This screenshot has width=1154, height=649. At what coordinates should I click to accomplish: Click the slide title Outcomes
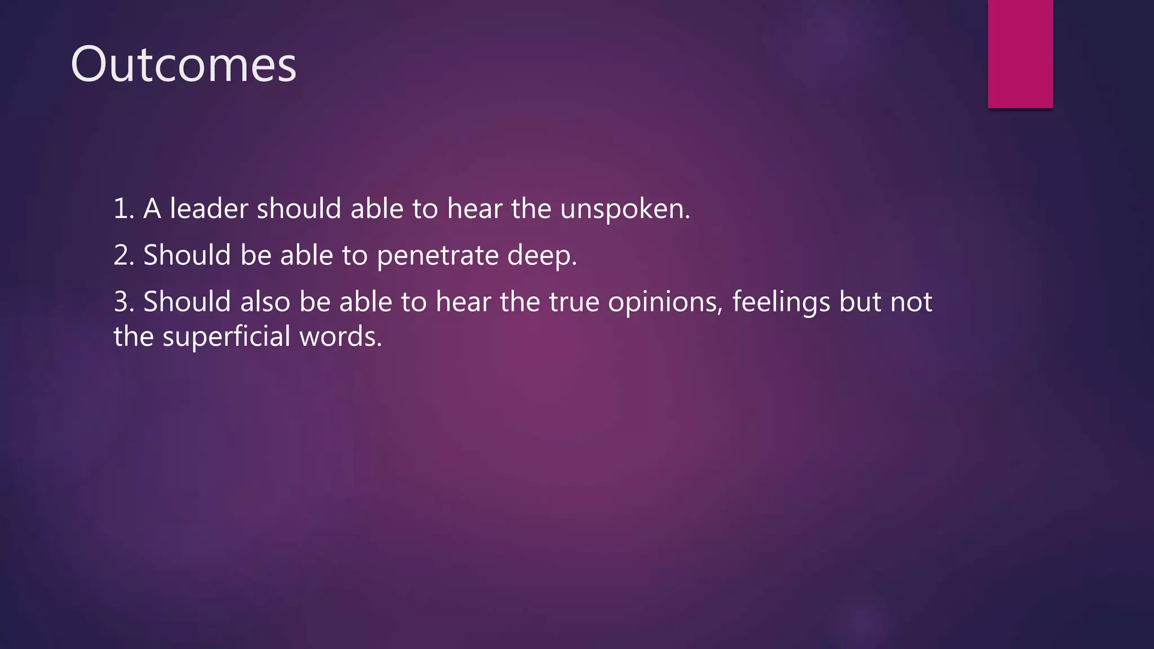point(183,65)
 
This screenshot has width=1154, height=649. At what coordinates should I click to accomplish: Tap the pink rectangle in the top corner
point(1020,54)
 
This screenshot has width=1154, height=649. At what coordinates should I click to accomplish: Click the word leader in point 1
point(209,208)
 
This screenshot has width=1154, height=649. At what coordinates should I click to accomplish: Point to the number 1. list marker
point(123,209)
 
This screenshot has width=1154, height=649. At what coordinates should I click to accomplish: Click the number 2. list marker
point(123,255)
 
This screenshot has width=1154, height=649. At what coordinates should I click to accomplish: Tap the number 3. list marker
point(123,302)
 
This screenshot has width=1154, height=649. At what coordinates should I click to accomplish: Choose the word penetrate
point(437,256)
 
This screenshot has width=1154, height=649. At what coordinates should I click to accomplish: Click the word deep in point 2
point(541,256)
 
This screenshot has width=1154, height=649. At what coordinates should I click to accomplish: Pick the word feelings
point(780,303)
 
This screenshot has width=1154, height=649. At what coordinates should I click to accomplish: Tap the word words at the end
point(340,337)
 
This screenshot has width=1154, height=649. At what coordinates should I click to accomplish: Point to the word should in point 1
point(299,208)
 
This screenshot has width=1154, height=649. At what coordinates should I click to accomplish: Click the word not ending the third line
point(911,302)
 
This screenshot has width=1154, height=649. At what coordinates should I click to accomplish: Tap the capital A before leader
point(152,209)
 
